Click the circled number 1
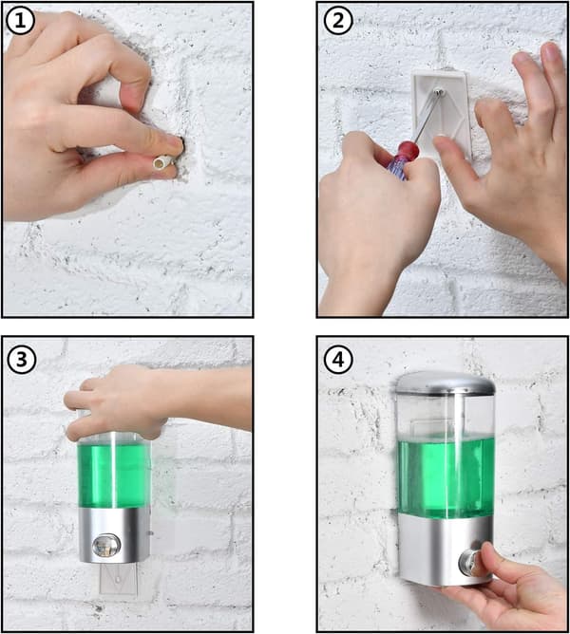coord(20,21)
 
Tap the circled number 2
coord(338,21)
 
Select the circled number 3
coord(21,359)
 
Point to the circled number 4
coord(338,359)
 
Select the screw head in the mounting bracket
coord(440,93)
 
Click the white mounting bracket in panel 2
coord(441,113)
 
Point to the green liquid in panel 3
coord(115,475)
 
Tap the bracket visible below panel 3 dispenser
coord(118,578)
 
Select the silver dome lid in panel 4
coord(446,382)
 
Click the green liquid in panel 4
coord(446,478)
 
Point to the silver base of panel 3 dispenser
coord(114,534)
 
